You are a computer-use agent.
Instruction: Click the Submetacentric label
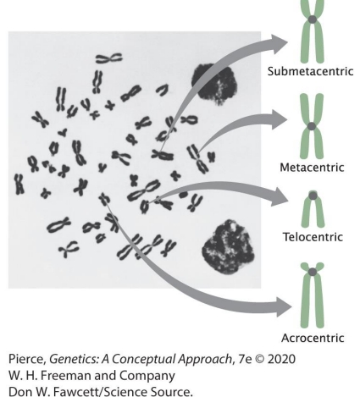click(313, 72)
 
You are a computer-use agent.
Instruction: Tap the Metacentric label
click(313, 166)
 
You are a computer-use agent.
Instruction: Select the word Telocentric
click(313, 240)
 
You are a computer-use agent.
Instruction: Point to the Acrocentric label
click(313, 337)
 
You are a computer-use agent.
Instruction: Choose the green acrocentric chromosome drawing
click(313, 295)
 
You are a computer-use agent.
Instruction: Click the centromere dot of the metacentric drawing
click(313, 126)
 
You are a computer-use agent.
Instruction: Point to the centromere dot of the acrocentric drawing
click(313, 272)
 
